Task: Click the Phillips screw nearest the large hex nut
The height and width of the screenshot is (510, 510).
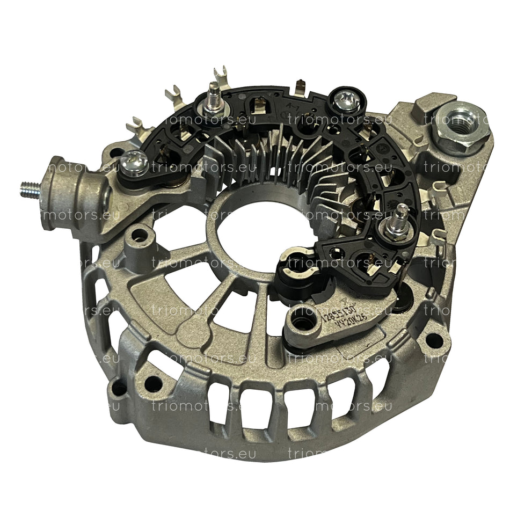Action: (340, 100)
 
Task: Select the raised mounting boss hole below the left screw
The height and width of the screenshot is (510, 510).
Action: (142, 235)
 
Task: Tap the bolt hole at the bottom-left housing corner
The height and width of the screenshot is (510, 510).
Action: (154, 382)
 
